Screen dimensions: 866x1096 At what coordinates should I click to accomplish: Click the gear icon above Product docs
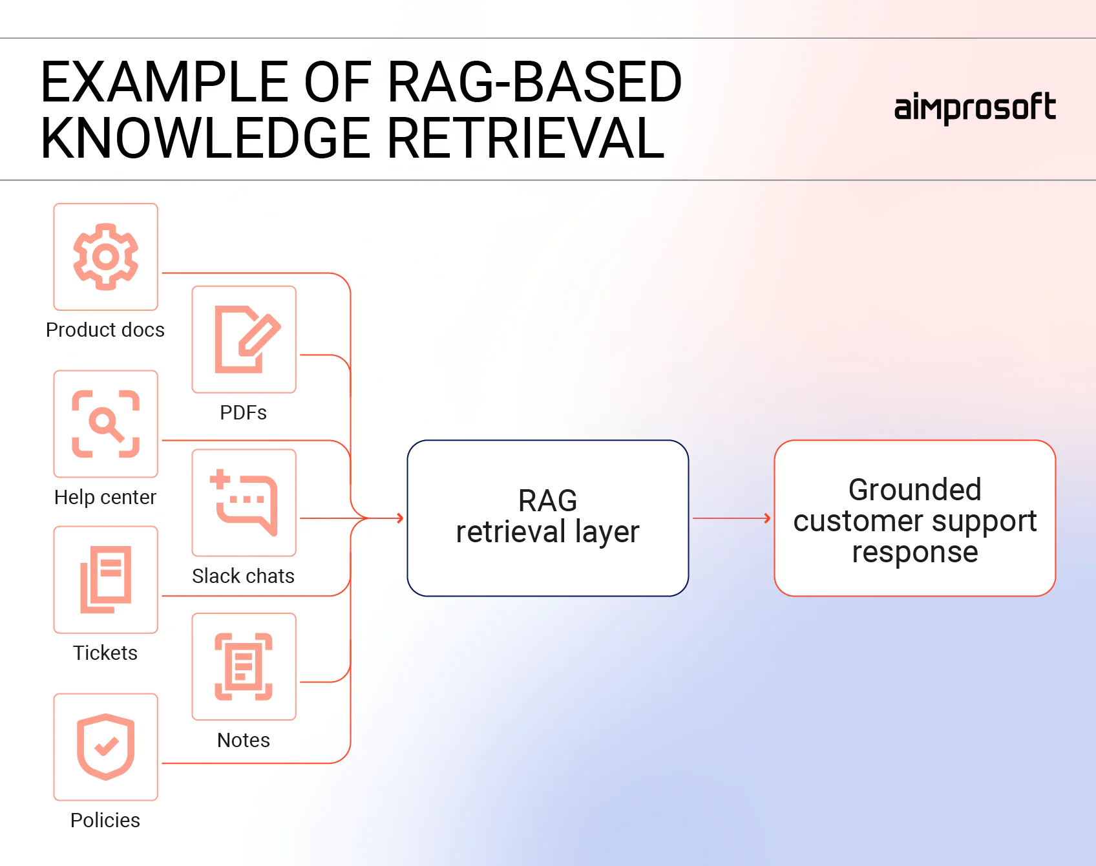coord(106,257)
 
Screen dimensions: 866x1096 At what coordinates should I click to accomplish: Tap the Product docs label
coord(105,330)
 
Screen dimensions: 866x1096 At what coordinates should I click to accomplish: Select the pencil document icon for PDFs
coord(245,339)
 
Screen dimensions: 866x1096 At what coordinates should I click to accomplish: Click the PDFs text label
coord(244,412)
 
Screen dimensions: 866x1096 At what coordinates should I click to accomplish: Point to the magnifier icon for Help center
coord(106,424)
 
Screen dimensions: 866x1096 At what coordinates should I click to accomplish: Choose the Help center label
coord(105,497)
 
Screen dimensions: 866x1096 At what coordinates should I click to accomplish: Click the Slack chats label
coord(244,576)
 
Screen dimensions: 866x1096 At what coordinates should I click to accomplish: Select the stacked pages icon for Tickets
coord(106,580)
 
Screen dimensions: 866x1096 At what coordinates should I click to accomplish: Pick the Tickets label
coord(105,653)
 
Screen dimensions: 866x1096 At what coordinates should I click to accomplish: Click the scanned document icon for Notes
coord(244,666)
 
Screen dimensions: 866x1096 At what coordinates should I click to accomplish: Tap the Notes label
coord(244,740)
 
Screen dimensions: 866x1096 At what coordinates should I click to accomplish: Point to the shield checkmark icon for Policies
coord(106,747)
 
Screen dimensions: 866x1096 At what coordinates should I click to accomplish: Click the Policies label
coord(105,820)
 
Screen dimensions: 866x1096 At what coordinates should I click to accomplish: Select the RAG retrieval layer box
coord(547,518)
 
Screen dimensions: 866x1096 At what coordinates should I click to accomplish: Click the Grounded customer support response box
coord(914,518)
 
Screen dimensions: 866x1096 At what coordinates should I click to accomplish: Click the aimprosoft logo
coord(975,108)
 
